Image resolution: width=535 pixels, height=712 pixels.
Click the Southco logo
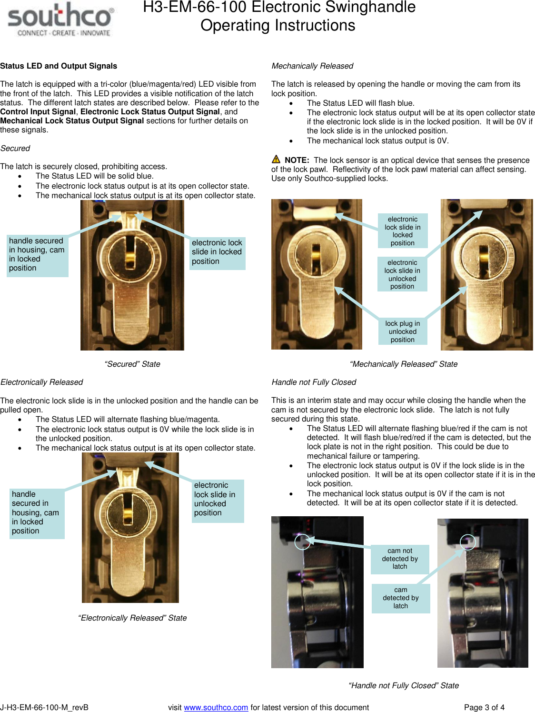(x=60, y=20)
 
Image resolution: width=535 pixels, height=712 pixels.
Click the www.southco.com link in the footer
(x=216, y=707)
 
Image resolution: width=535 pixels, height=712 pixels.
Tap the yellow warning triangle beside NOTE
(x=276, y=159)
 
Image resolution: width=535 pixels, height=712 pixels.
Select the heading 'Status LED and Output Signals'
(x=59, y=66)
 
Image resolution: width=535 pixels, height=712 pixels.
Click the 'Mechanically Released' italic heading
(x=312, y=66)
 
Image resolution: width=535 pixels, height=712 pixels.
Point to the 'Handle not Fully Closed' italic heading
(x=314, y=382)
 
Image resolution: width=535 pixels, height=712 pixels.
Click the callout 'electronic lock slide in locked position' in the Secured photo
(x=217, y=252)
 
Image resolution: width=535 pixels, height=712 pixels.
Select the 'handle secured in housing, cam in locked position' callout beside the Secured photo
(x=37, y=255)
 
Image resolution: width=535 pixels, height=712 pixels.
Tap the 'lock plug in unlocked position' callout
(x=403, y=331)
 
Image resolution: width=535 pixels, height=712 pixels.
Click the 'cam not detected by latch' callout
(x=400, y=559)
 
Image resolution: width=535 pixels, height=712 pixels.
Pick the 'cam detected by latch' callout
(x=401, y=598)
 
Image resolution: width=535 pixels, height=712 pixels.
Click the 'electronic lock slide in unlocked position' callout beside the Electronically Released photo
(x=218, y=500)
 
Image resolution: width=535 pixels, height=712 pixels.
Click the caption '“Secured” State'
(x=132, y=364)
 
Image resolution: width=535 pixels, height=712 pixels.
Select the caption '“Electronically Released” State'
(x=132, y=618)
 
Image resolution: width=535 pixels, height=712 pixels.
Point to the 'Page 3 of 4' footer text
(x=484, y=707)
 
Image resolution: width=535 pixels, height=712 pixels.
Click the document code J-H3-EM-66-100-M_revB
(x=44, y=707)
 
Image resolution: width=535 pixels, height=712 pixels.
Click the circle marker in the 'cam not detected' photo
(x=303, y=542)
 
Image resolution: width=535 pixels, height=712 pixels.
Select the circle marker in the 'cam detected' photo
(x=468, y=542)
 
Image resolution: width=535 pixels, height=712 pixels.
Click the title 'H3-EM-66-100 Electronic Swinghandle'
(x=279, y=8)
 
